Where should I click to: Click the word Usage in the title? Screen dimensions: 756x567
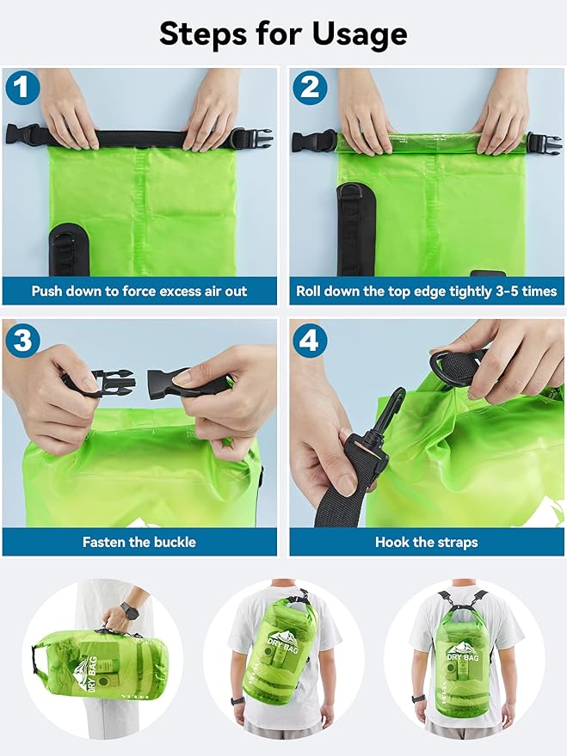coord(348,34)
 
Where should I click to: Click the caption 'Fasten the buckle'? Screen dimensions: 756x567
coord(139,542)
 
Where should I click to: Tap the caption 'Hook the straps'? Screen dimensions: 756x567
coord(426,542)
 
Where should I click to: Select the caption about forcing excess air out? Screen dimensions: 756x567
coord(139,291)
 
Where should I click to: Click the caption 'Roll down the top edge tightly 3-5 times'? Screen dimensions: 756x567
coord(426,291)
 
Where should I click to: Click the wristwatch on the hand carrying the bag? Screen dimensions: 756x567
coord(129,612)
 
